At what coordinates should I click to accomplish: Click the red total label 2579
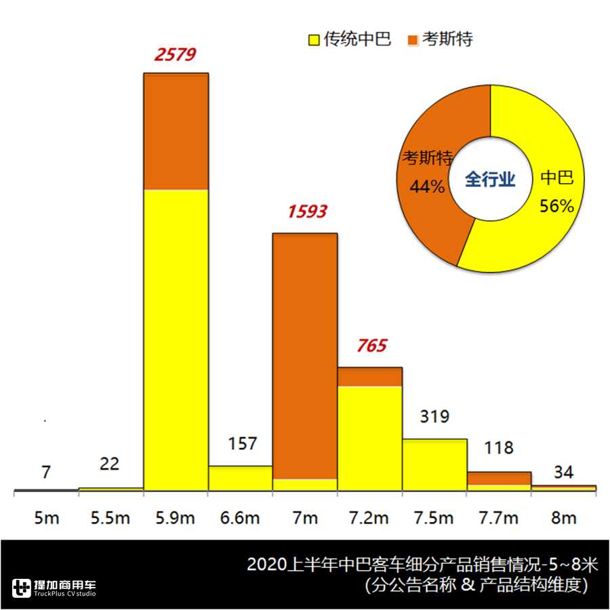175,54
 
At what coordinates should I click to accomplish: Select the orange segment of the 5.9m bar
176,131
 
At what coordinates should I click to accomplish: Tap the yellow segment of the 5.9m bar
176,339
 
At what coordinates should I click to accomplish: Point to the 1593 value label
307,211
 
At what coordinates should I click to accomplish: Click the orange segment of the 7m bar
305,356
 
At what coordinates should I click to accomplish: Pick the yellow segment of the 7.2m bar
370,437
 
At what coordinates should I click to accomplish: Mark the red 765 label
371,346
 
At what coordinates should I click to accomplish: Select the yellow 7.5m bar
434,464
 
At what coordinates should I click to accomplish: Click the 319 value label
434,416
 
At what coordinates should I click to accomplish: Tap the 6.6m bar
240,478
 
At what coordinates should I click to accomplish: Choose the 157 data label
242,444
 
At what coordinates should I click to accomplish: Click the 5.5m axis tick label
110,518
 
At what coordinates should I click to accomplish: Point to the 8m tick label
564,518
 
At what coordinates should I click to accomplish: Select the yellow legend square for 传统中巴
314,40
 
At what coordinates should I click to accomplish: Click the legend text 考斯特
447,39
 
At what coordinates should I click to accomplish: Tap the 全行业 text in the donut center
490,180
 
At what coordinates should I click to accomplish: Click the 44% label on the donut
426,186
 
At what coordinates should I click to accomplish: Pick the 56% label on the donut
556,206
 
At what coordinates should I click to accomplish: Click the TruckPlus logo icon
22,588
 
